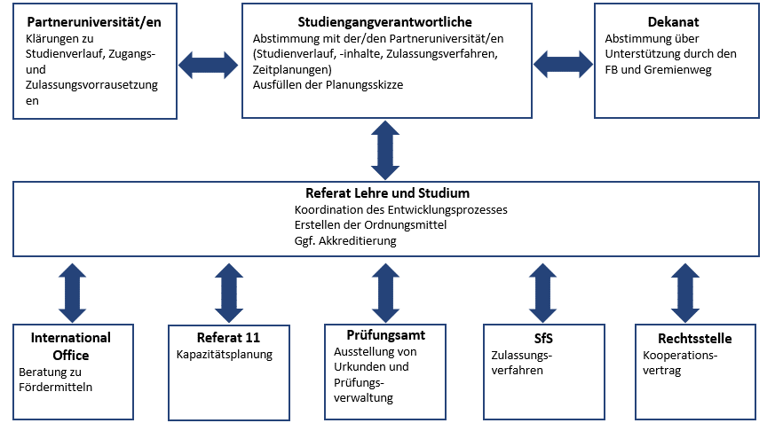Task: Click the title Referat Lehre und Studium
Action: (x=387, y=192)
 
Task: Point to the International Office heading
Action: (x=71, y=346)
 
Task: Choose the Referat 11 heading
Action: (x=228, y=337)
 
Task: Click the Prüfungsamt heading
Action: (x=386, y=335)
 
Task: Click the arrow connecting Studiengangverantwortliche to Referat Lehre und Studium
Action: (x=386, y=150)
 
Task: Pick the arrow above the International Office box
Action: (x=72, y=291)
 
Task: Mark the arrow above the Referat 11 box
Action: (x=228, y=291)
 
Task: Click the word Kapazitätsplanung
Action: (x=224, y=355)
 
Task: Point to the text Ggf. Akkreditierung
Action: (x=345, y=240)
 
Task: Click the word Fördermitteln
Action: (x=55, y=387)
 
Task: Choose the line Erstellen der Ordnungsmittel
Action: (x=370, y=225)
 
